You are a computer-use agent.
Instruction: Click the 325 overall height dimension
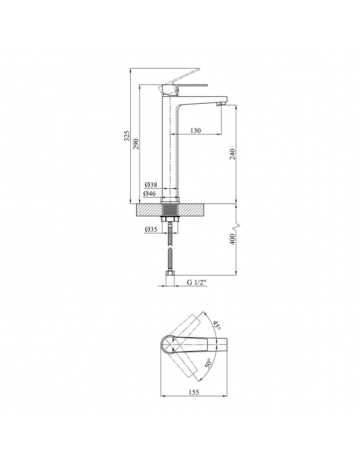127,135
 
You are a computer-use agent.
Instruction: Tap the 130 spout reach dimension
195,130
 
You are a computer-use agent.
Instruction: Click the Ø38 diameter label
151,185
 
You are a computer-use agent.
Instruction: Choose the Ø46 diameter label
149,194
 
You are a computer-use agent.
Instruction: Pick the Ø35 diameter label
151,229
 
